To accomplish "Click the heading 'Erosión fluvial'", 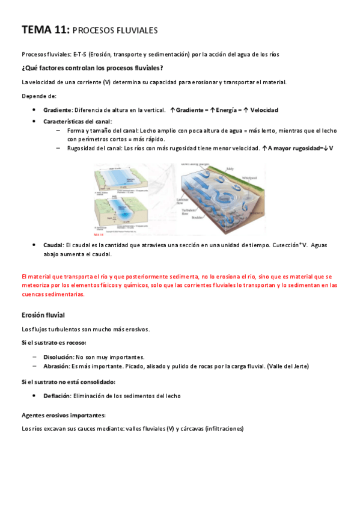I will (43, 315).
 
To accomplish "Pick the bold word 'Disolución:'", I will (59, 357).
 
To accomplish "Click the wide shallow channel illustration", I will (127, 180).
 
